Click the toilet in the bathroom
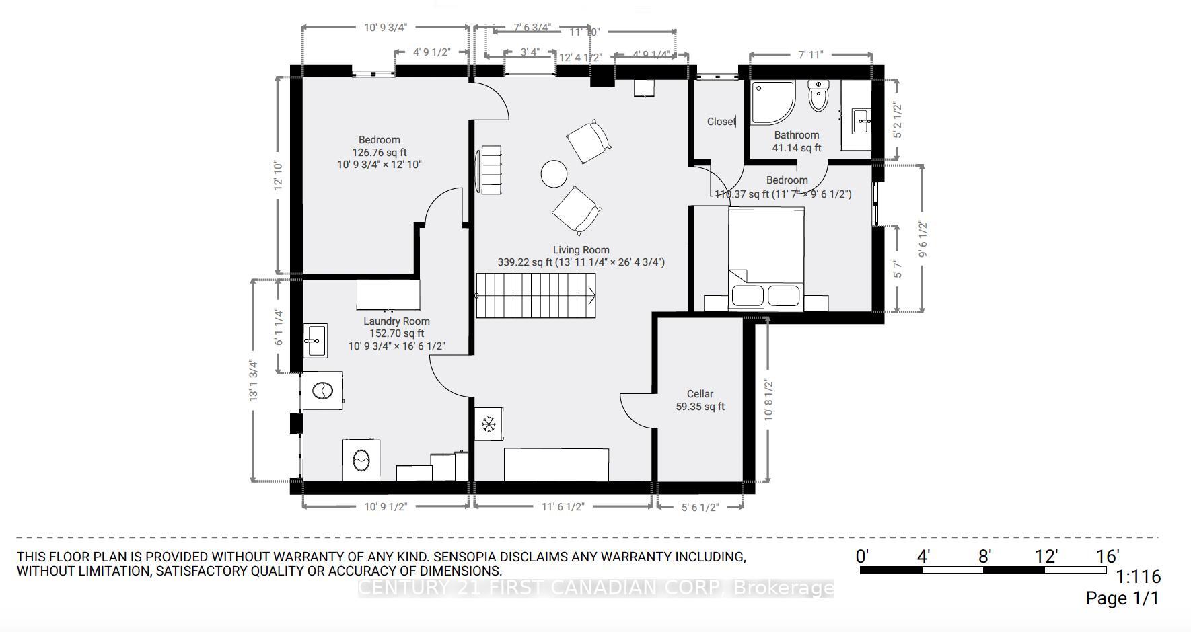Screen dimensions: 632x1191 coord(818,96)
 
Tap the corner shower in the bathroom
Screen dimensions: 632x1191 coord(772,102)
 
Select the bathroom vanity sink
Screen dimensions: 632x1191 coord(862,122)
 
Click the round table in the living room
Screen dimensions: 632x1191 coord(554,173)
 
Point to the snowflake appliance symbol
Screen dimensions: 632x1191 coord(489,424)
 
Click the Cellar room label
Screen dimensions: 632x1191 coord(700,394)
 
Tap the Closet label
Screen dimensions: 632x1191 coord(721,122)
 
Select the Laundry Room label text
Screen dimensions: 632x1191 coord(396,321)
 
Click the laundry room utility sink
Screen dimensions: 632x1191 coord(314,341)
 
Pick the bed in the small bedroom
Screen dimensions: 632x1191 coord(766,259)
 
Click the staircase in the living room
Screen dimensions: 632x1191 coord(536,295)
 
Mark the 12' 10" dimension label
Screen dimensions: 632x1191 coord(279,176)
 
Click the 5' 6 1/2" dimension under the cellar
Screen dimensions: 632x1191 coord(700,507)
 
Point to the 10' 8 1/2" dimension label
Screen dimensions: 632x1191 coord(768,400)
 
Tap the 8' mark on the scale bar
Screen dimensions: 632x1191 coord(984,557)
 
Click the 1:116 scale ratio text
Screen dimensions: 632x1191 coord(1139,577)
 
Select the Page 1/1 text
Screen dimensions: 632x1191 coord(1122,598)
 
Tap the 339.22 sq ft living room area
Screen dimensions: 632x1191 coord(525,262)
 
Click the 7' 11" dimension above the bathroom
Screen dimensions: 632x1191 coord(810,55)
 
